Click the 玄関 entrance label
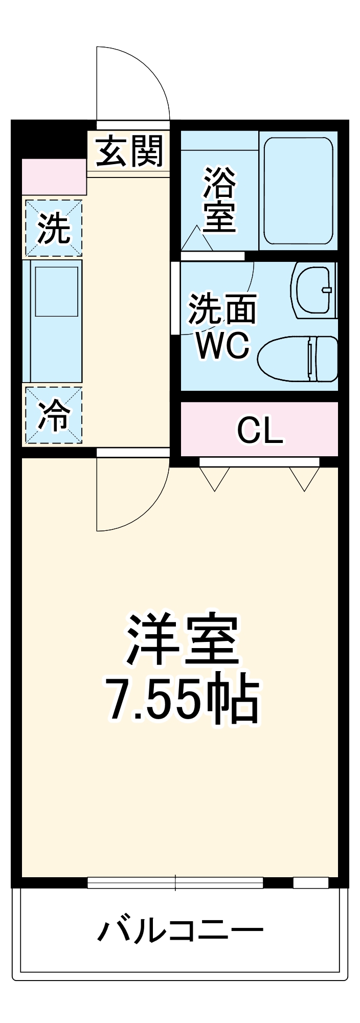(x=130, y=151)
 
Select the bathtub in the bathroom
(x=298, y=190)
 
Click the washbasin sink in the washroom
(x=313, y=290)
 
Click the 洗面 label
(x=222, y=309)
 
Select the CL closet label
(x=259, y=431)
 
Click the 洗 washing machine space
(x=54, y=228)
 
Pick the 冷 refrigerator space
(x=54, y=415)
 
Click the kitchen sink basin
(x=56, y=291)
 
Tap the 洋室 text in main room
(x=182, y=640)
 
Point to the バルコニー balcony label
(x=180, y=930)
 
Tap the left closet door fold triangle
(x=214, y=477)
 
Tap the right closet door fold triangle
(x=305, y=477)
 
